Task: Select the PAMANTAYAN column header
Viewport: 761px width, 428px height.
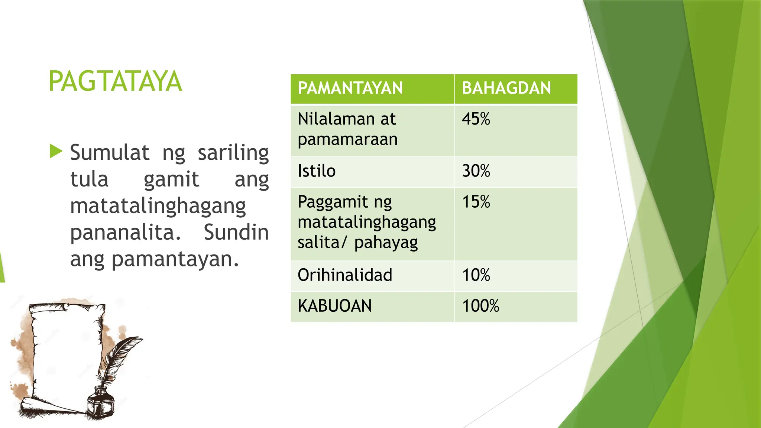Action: click(x=350, y=88)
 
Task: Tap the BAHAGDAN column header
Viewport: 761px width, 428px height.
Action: click(x=506, y=88)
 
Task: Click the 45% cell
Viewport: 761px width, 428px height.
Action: click(x=476, y=119)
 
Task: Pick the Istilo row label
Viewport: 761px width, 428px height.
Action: click(x=317, y=171)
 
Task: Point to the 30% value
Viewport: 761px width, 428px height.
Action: click(x=476, y=171)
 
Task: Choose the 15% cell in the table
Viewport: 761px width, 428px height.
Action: click(x=476, y=202)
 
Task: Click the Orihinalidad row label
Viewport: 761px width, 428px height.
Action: click(x=345, y=275)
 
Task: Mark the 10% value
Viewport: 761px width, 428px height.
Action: click(x=476, y=275)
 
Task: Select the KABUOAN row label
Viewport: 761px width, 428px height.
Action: click(x=334, y=306)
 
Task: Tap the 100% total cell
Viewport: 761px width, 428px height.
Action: click(x=480, y=306)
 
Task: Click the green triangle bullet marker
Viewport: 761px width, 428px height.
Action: click(x=56, y=151)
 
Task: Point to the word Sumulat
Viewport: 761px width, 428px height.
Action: click(x=110, y=152)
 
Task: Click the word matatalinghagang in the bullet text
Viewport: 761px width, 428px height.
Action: click(x=158, y=207)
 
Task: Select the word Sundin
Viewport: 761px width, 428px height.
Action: click(x=236, y=233)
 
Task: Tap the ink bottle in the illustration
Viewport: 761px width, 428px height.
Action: click(x=100, y=403)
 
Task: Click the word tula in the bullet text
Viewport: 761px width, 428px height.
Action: click(x=89, y=179)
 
